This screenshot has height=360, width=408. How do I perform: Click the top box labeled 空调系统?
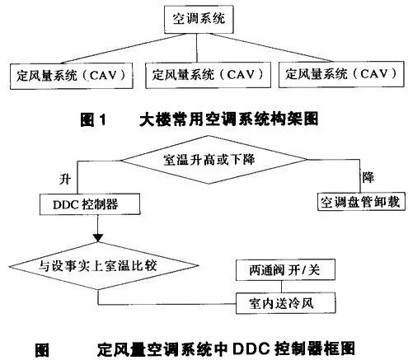click(199, 19)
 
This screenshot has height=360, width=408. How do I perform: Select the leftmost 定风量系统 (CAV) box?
click(72, 76)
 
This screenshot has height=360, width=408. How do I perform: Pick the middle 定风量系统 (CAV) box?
click(208, 75)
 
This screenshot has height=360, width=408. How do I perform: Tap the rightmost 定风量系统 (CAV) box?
click(341, 74)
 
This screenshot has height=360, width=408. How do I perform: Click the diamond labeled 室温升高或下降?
click(214, 160)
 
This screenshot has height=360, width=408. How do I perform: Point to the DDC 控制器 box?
click(90, 204)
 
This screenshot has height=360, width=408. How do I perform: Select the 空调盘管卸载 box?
click(361, 202)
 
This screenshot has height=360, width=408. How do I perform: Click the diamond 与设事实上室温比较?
click(104, 266)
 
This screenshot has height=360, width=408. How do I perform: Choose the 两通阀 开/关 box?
click(285, 270)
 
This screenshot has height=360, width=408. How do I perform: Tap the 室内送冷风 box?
click(285, 303)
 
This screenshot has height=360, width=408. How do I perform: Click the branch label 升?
click(65, 180)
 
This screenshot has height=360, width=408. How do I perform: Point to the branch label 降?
click(368, 177)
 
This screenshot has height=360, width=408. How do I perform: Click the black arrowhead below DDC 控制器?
click(98, 238)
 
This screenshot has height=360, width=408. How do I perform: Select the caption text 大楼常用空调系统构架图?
click(229, 119)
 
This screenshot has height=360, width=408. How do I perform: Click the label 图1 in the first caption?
click(93, 120)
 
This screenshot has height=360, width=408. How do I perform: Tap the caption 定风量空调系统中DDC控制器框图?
click(226, 348)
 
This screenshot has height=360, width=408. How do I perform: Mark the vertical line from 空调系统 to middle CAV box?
click(197, 48)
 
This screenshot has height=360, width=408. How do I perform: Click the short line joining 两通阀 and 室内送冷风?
click(281, 287)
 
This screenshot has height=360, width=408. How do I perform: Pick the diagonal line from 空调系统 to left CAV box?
click(124, 49)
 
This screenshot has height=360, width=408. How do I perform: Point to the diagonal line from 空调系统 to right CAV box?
click(274, 48)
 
